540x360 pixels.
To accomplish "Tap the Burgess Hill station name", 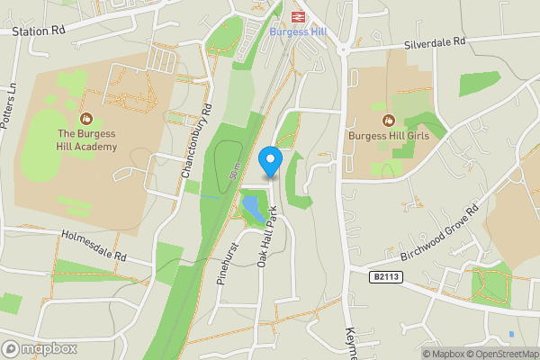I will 298,31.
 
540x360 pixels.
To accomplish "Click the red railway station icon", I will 298,15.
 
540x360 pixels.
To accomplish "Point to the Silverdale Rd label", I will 436,42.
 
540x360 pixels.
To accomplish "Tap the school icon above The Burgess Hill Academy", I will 87,118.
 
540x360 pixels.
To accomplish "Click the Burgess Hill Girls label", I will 388,136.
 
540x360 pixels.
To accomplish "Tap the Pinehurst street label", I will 231,262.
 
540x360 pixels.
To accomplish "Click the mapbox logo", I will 40,348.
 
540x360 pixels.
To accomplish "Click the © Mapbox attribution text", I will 443,354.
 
